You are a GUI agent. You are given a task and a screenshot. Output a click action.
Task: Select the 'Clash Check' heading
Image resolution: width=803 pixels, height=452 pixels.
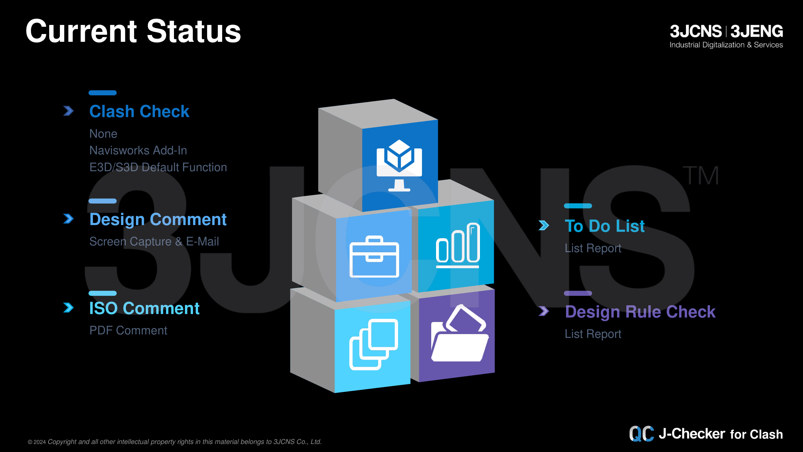139,111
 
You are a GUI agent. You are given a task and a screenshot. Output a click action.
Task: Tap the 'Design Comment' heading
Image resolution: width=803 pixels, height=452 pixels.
158,219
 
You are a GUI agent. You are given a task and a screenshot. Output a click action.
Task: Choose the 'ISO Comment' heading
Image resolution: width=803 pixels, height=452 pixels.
144,308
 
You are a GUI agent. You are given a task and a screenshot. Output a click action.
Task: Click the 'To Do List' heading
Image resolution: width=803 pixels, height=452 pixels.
605,226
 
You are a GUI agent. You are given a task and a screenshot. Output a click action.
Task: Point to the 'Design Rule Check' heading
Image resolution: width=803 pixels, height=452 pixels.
640,312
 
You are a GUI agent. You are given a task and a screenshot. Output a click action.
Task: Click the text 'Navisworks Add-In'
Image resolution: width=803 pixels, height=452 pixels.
138,150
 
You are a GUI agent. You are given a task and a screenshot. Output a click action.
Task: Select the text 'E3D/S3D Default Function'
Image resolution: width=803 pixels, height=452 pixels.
158,167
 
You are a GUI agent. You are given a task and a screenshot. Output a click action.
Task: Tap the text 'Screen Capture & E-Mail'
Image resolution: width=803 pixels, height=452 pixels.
154,241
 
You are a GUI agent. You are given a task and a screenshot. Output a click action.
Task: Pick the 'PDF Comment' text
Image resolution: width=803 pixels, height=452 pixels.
128,330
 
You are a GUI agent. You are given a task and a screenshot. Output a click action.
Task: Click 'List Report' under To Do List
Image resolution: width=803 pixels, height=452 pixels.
593,248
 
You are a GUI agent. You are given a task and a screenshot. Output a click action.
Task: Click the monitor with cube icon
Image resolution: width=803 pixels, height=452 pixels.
399,165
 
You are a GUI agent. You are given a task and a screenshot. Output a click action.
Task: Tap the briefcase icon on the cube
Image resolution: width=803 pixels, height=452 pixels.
374,257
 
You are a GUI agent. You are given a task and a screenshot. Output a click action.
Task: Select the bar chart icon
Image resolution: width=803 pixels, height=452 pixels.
458,245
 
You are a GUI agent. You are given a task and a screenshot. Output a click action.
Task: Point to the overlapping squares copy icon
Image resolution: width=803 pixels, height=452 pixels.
373,344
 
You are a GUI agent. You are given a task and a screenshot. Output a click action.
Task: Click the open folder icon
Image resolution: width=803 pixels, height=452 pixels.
460,334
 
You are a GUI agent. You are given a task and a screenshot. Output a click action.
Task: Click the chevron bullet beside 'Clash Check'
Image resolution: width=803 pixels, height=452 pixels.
69,111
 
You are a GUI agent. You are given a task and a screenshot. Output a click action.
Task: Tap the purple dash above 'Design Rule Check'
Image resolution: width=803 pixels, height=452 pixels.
578,293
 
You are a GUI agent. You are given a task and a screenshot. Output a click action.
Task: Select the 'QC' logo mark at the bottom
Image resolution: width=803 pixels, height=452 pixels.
642,434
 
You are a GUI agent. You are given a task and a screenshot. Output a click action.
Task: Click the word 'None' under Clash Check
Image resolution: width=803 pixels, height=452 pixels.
103,134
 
